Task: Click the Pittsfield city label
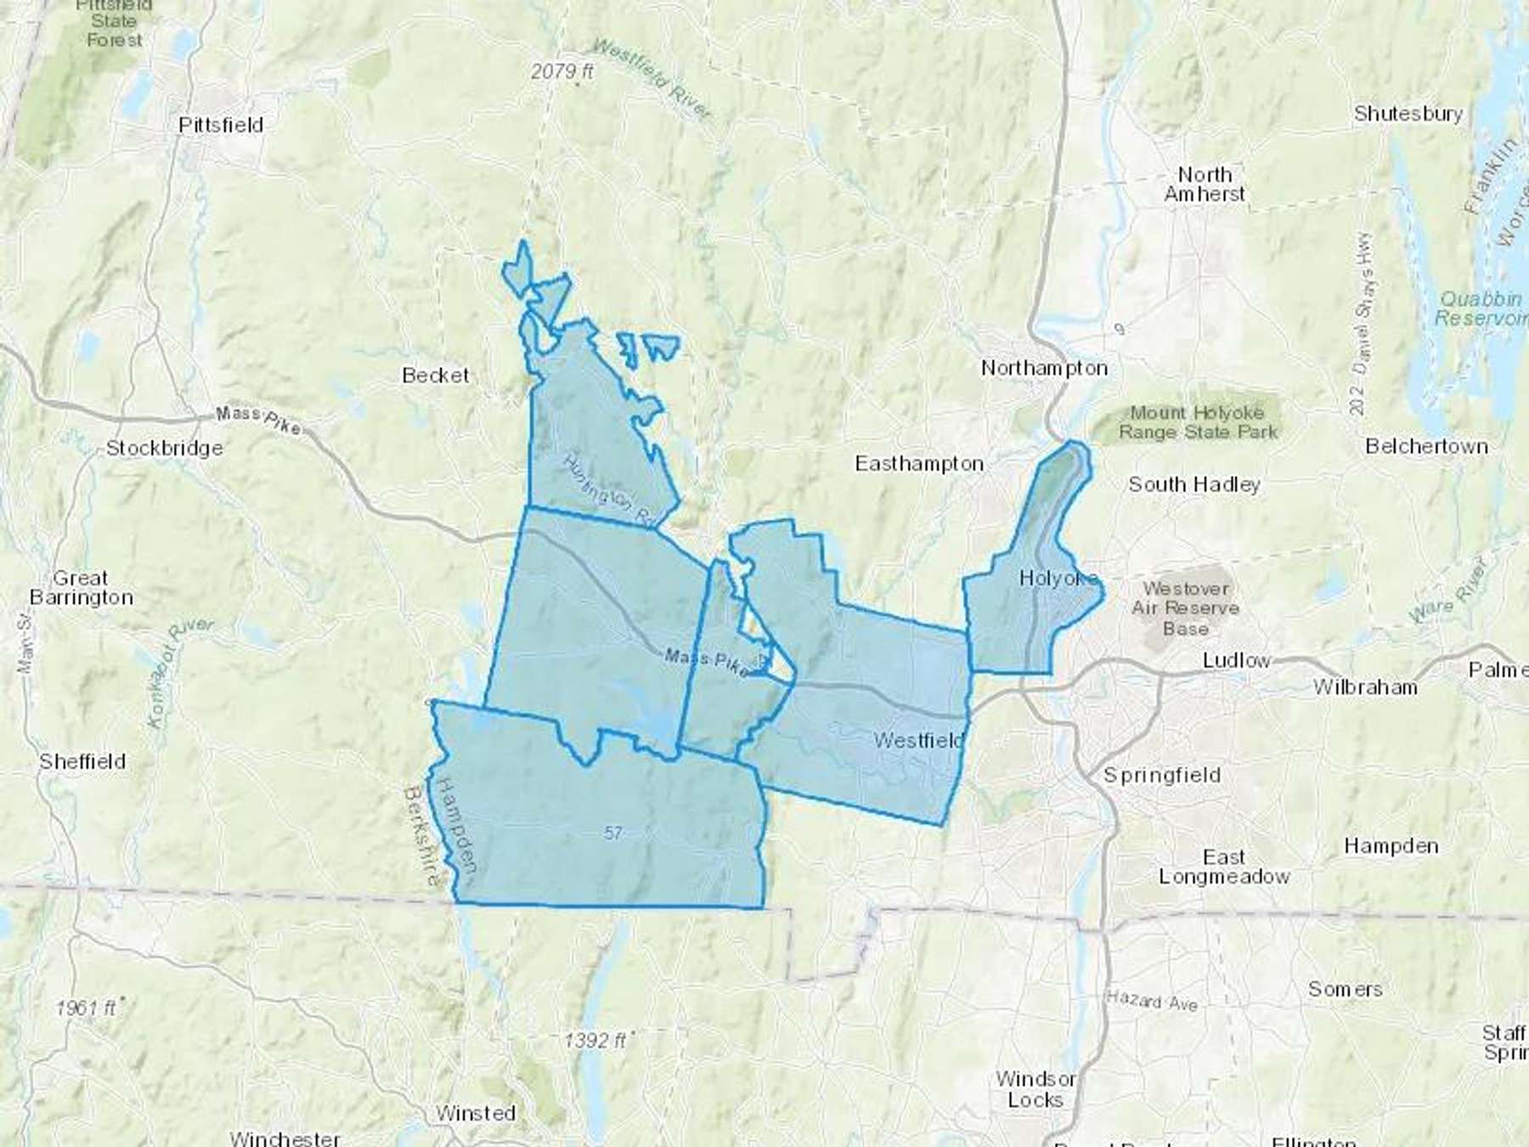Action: click(221, 125)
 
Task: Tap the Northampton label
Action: click(1044, 368)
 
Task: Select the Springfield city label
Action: click(1161, 775)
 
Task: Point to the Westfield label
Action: click(919, 740)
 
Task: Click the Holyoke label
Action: click(1058, 579)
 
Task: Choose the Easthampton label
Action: click(919, 464)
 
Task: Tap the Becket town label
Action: click(435, 375)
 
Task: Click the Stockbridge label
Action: click(164, 448)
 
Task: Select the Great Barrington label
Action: click(81, 587)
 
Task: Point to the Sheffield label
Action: click(82, 761)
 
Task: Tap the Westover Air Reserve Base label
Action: click(1185, 608)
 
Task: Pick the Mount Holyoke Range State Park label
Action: click(1197, 422)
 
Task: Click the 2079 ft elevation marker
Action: click(561, 72)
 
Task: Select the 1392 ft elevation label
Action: click(595, 1040)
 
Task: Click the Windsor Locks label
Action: click(1035, 1089)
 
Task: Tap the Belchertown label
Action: click(1426, 446)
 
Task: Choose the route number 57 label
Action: click(613, 833)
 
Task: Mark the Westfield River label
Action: click(652, 79)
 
